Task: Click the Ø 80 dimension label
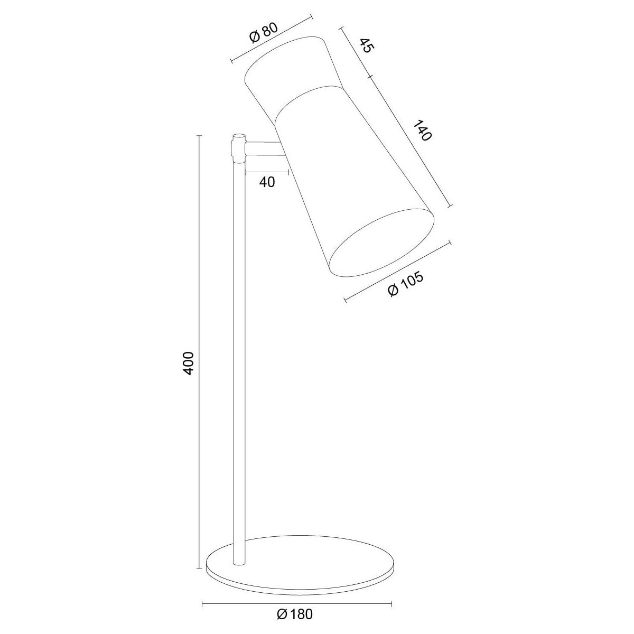[x=264, y=33]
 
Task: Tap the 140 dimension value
[x=422, y=130]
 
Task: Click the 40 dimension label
[x=267, y=182]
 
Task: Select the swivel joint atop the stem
[x=239, y=148]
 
